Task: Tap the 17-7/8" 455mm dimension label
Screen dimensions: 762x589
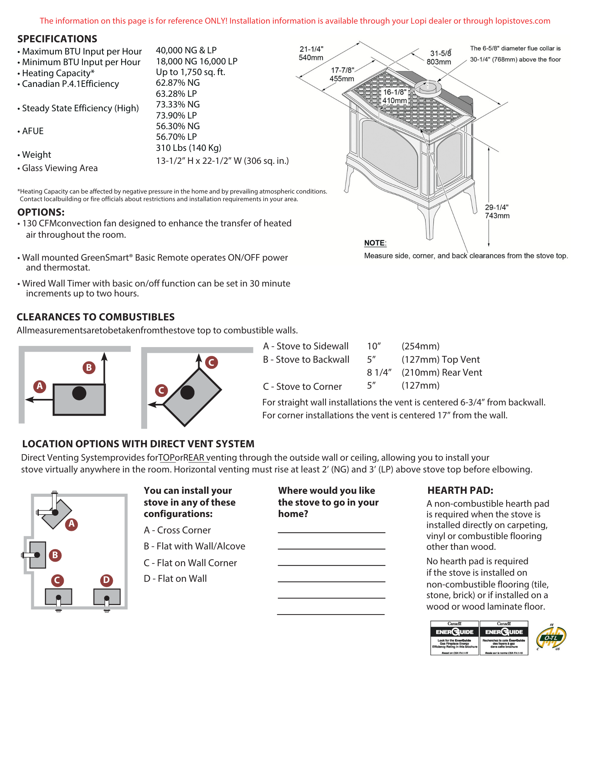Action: click(x=342, y=75)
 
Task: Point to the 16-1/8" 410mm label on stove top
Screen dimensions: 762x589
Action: click(x=395, y=96)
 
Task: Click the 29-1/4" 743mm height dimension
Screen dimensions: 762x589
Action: click(x=497, y=211)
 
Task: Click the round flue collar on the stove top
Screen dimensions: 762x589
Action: click(x=428, y=88)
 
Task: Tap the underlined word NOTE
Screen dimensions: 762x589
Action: click(x=375, y=243)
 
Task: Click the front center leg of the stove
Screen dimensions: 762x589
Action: click(x=429, y=225)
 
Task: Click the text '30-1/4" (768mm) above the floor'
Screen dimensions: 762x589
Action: click(x=515, y=59)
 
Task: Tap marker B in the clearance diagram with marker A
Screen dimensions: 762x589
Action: click(x=89, y=368)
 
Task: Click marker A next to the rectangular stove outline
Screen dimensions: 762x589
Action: click(x=40, y=386)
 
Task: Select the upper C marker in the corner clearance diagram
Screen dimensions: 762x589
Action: click(x=211, y=362)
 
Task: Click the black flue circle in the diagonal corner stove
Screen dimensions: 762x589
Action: click(x=187, y=392)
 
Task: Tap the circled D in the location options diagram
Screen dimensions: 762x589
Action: click(x=106, y=580)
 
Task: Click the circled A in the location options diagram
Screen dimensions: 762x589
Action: click(x=71, y=524)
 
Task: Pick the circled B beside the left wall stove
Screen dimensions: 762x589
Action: click(x=55, y=555)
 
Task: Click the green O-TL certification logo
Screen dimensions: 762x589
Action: click(x=551, y=638)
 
